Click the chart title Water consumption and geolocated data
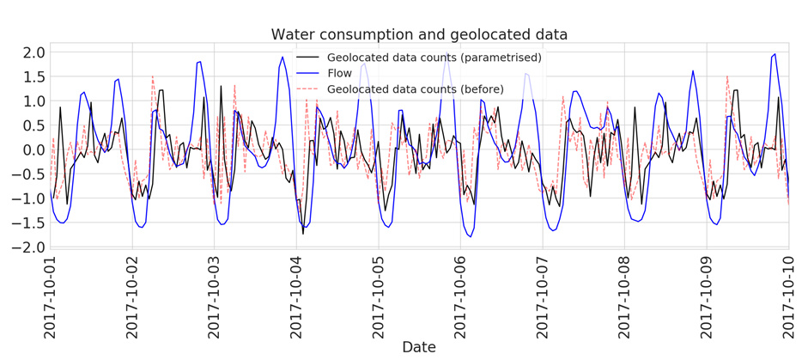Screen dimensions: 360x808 (x=419, y=34)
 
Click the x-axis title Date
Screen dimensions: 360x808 (x=419, y=347)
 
